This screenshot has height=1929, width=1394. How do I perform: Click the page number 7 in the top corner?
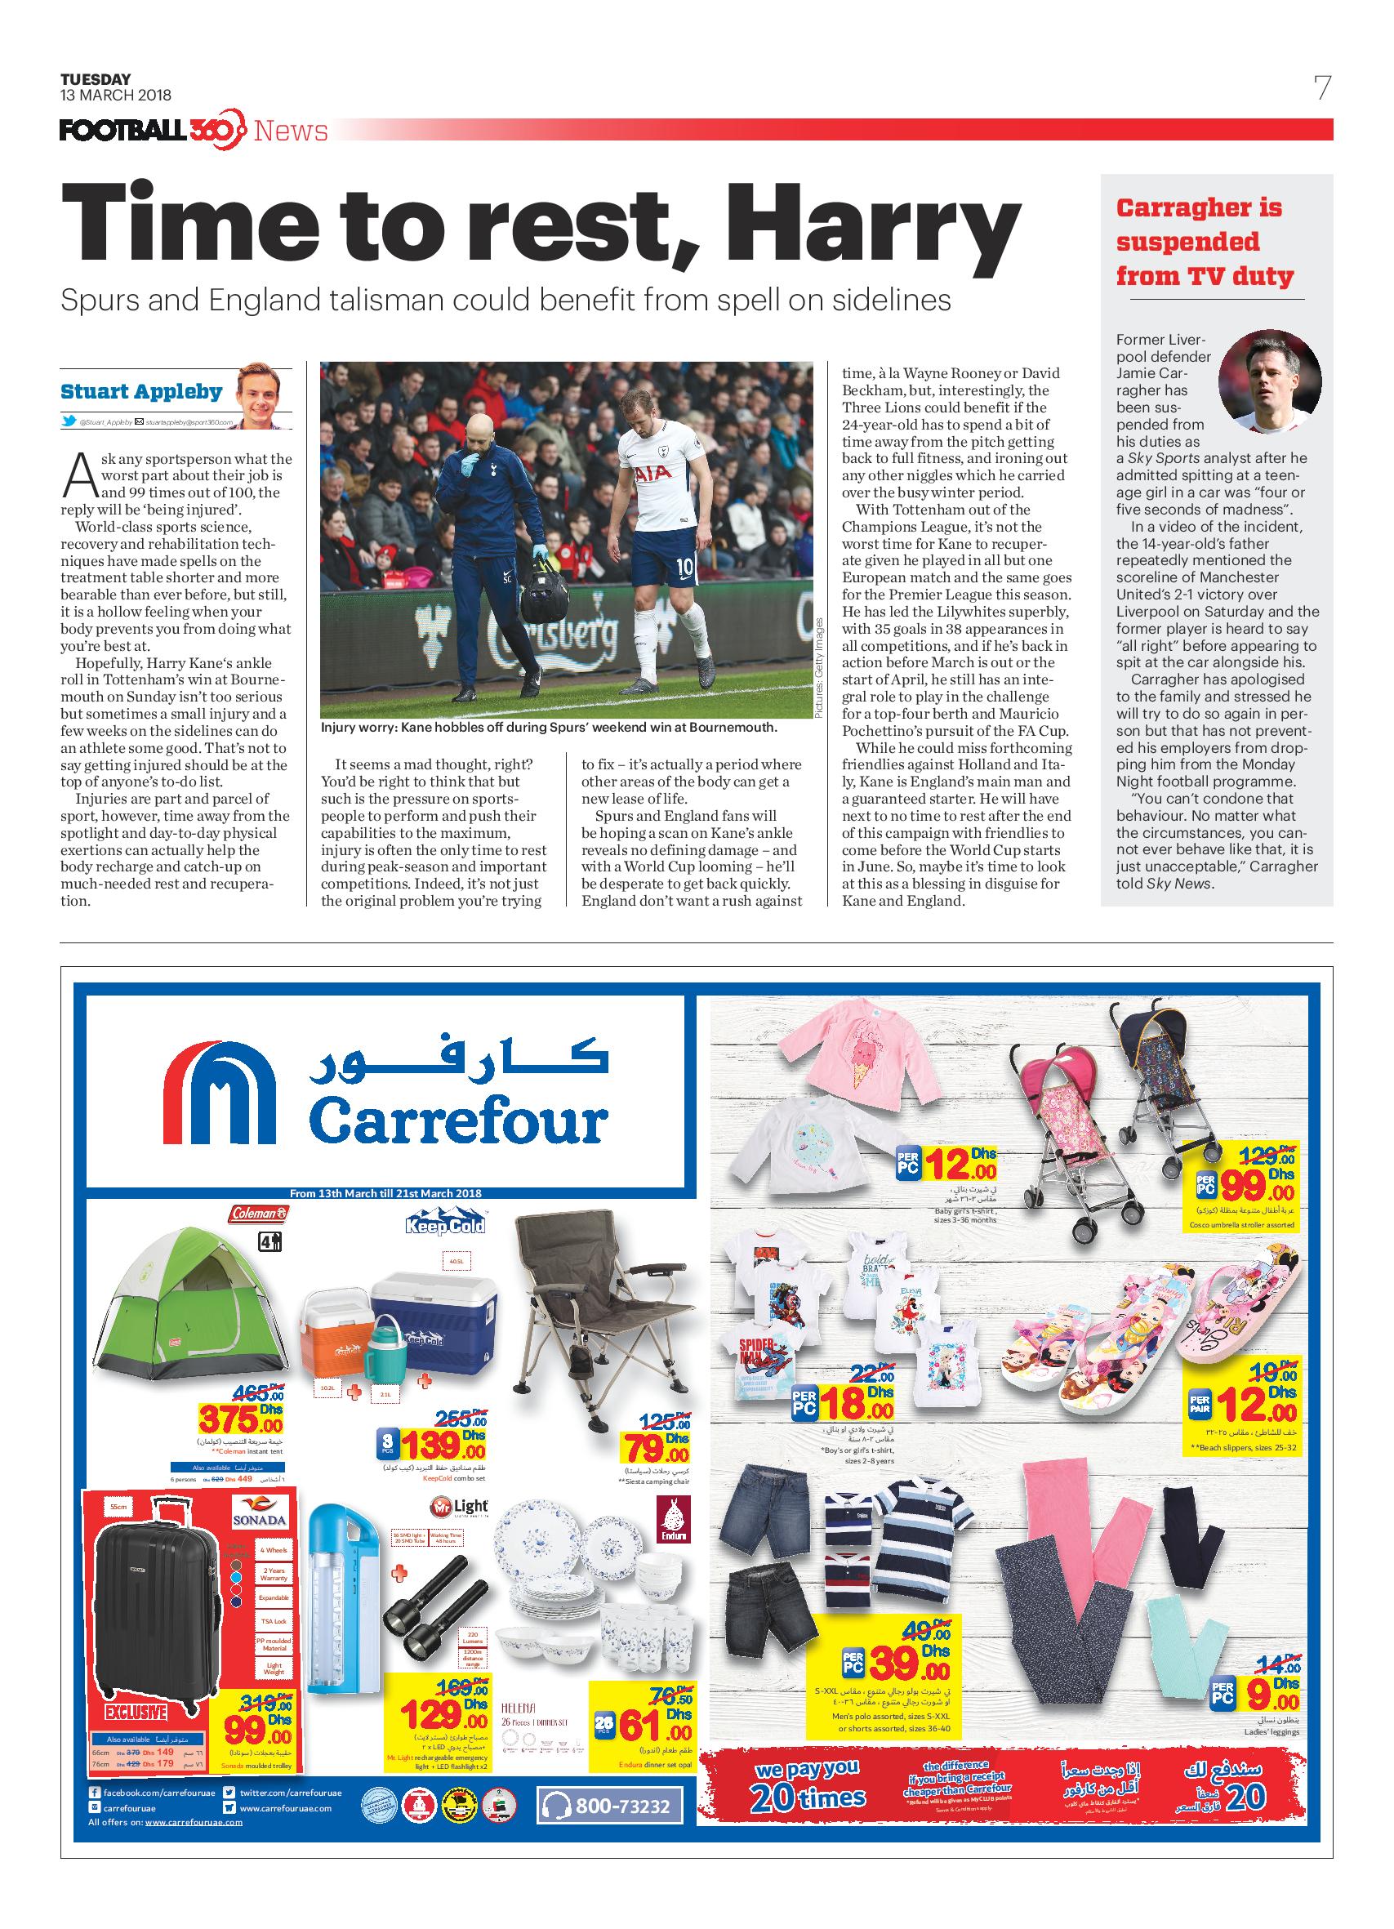click(x=1321, y=88)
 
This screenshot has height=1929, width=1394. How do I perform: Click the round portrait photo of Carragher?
click(x=1269, y=381)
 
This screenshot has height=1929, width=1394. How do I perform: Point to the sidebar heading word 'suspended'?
click(x=1187, y=242)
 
